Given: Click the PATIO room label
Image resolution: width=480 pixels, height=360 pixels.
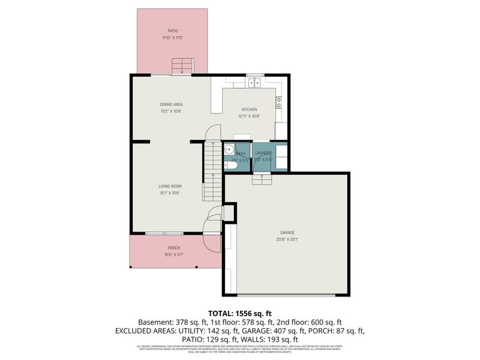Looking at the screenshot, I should (x=172, y=31).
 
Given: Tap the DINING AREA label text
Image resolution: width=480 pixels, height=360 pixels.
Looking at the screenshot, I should (x=171, y=104).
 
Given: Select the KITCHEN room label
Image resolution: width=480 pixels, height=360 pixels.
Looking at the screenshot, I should (x=249, y=109).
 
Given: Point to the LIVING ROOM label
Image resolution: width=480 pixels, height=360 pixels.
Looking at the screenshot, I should (x=171, y=186).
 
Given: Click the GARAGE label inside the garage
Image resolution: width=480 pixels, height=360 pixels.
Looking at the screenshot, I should (x=287, y=232).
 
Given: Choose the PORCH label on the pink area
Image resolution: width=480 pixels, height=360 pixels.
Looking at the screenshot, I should (x=173, y=248).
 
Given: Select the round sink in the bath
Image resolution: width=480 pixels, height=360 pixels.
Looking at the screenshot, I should (x=229, y=149).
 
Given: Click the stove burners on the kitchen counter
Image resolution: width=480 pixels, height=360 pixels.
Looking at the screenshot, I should (x=278, y=102).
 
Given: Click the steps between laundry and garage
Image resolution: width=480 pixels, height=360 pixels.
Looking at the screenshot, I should (x=261, y=179).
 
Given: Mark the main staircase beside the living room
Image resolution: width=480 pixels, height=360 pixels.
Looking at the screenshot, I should (x=213, y=171).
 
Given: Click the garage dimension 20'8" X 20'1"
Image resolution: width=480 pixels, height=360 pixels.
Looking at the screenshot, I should (x=287, y=239).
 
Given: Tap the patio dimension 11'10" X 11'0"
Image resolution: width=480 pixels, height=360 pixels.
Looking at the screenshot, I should (x=172, y=38).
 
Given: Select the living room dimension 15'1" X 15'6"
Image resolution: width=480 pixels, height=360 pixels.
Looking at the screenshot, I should (x=171, y=193).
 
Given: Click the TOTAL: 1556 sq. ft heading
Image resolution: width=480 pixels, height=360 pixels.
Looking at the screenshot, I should (x=239, y=313).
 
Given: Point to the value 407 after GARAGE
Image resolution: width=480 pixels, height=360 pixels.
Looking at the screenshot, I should (x=290, y=331).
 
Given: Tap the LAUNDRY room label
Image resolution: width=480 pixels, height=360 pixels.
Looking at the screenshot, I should (x=263, y=154).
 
